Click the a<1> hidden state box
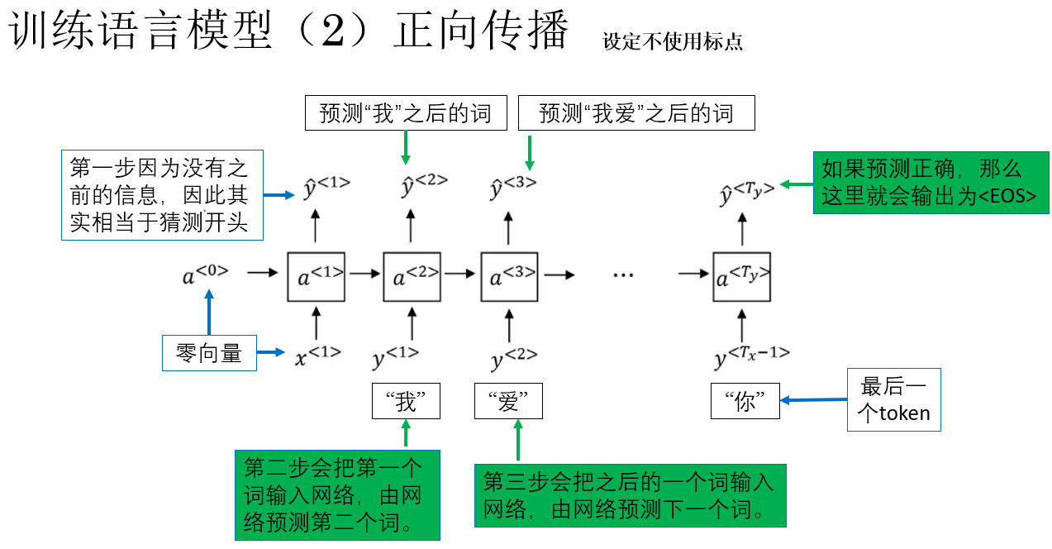pyautogui.click(x=315, y=277)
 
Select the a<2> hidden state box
pyautogui.click(x=412, y=277)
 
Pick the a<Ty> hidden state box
pyautogui.click(x=742, y=277)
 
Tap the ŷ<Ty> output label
pyautogui.click(x=746, y=193)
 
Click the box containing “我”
pyautogui.click(x=406, y=401)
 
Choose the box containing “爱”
pyautogui.click(x=508, y=402)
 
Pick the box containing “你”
pyautogui.click(x=745, y=402)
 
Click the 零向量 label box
pyautogui.click(x=209, y=354)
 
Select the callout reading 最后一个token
pyautogui.click(x=893, y=399)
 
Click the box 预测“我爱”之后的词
pyautogui.click(x=636, y=113)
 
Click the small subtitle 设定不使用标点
pyautogui.click(x=673, y=41)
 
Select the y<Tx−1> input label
pyautogui.click(x=751, y=356)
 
